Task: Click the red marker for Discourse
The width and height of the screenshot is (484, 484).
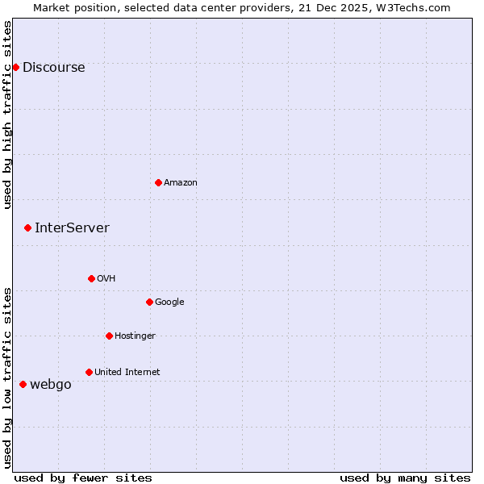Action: point(15,67)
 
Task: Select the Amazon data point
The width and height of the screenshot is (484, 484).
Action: point(158,182)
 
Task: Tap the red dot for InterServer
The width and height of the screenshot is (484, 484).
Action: point(27,227)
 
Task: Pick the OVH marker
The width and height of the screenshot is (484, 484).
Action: point(91,278)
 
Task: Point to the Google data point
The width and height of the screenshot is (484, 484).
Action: point(149,302)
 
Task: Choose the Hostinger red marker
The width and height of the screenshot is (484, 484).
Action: point(109,336)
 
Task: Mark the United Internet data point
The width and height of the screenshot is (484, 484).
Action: point(89,372)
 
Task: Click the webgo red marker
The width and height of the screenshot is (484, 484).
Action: point(23,384)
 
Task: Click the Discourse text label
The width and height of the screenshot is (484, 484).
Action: point(53,68)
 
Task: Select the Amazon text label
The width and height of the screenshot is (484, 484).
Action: point(181,183)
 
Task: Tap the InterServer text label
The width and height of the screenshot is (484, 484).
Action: point(72,228)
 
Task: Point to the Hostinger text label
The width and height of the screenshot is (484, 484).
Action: point(135,336)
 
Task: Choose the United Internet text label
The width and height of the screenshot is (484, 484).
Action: point(127,373)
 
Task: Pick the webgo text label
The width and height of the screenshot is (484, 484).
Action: point(51,385)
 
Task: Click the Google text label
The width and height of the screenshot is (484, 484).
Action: point(169,302)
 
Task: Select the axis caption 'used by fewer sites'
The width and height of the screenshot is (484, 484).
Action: point(83,478)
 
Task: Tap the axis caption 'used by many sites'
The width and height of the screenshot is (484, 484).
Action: point(405,478)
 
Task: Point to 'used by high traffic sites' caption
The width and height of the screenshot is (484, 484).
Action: point(8,115)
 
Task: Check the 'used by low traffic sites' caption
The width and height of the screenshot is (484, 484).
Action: point(8,378)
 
